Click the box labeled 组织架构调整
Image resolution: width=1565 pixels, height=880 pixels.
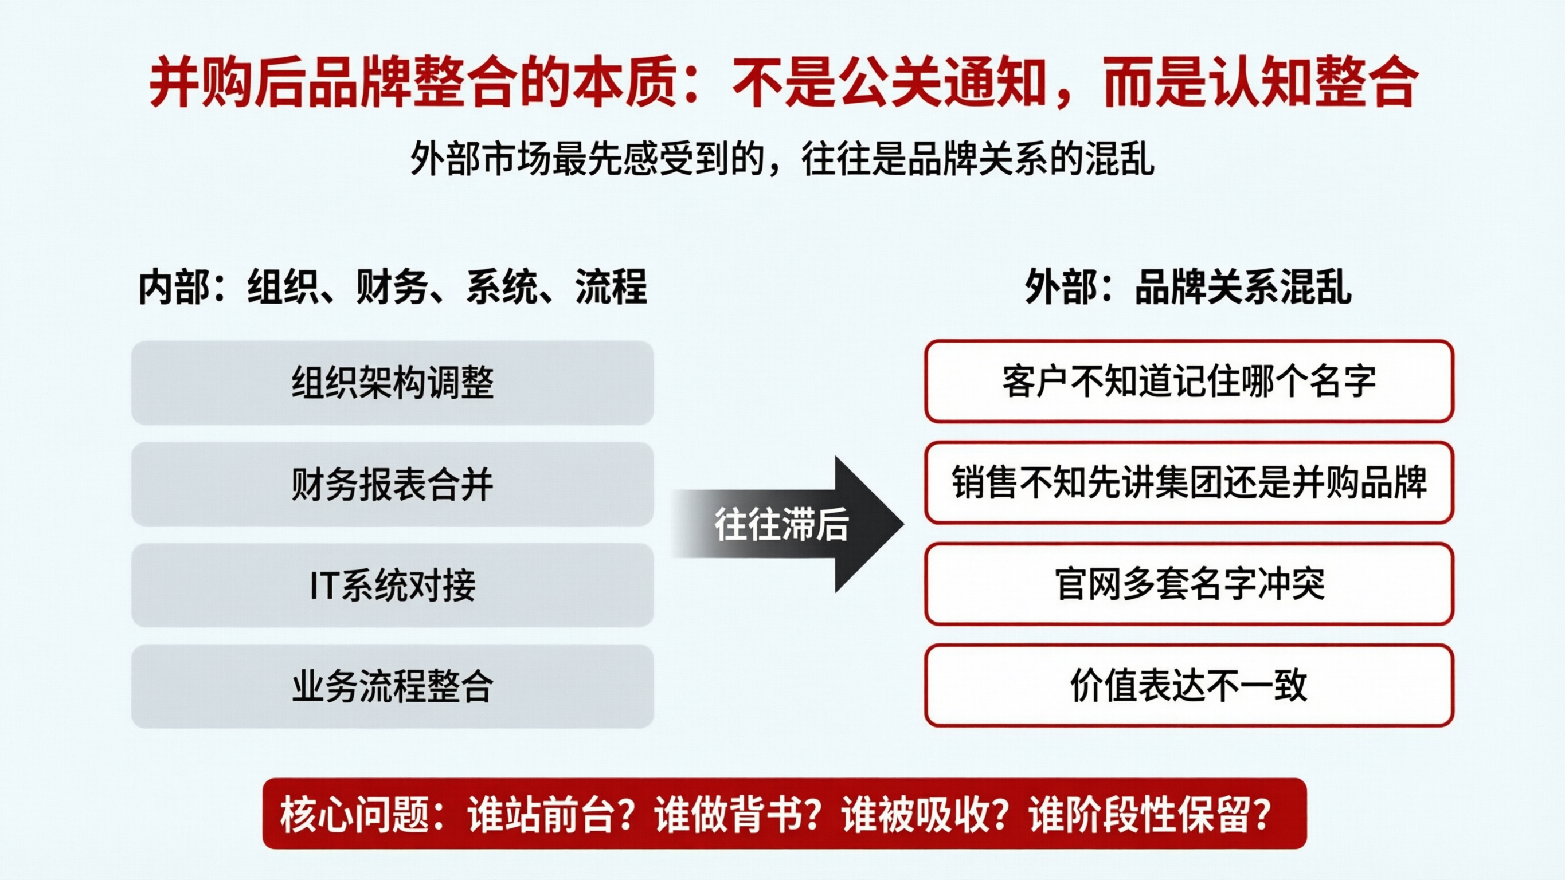pyautogui.click(x=393, y=383)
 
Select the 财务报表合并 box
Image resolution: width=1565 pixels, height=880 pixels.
pyautogui.click(x=393, y=484)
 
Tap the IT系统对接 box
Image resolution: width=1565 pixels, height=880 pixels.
pyautogui.click(x=393, y=586)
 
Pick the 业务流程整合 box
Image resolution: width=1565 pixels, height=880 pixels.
pyautogui.click(x=393, y=686)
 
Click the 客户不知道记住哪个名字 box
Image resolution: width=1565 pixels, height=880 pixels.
pyautogui.click(x=1189, y=382)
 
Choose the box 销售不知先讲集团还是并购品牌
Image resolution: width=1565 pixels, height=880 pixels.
pyautogui.click(x=1189, y=483)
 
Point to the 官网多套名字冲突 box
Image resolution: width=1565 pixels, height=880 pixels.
pyautogui.click(x=1189, y=584)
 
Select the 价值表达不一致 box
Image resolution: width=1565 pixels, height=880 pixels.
pyautogui.click(x=1189, y=686)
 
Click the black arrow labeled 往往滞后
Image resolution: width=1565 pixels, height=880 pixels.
pyautogui.click(x=790, y=524)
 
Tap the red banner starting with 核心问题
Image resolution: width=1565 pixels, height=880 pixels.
pyautogui.click(x=784, y=814)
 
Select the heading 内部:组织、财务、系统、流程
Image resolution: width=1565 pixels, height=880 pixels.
pyautogui.click(x=393, y=286)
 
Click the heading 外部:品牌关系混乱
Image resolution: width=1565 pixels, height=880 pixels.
pyautogui.click(x=1188, y=286)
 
